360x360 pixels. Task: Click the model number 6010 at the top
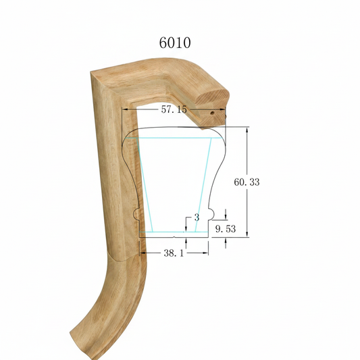(x=175, y=43)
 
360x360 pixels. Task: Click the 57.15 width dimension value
(x=174, y=109)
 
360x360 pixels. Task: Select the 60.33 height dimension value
(x=247, y=182)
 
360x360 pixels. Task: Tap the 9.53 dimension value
(x=226, y=229)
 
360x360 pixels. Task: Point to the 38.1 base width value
(x=174, y=253)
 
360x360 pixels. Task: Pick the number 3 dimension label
(x=197, y=217)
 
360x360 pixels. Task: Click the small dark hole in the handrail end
(x=213, y=113)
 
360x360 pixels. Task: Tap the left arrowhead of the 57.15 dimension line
(x=125, y=109)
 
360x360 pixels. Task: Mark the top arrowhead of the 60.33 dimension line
(x=247, y=130)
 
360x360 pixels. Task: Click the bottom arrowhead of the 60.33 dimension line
(x=247, y=234)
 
